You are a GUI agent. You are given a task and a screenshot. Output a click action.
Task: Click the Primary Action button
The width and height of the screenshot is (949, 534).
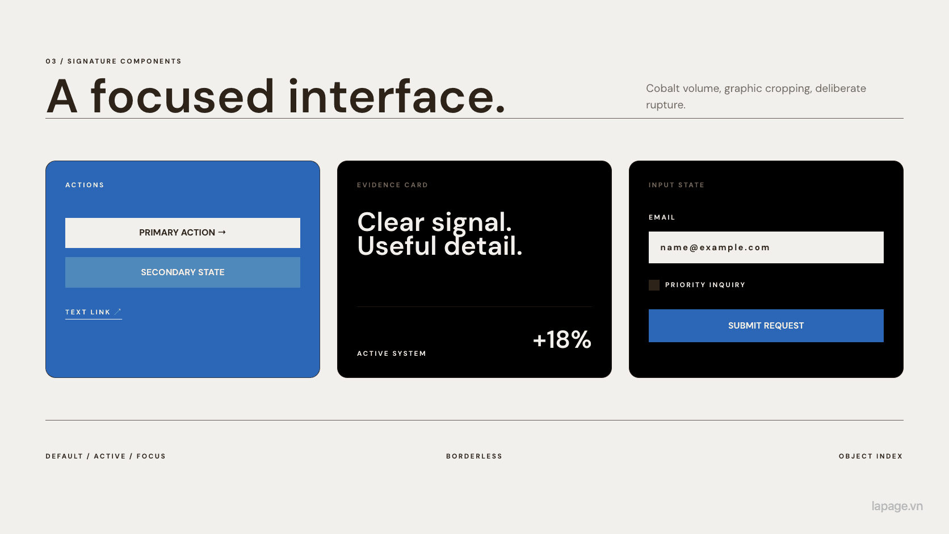pyautogui.click(x=183, y=233)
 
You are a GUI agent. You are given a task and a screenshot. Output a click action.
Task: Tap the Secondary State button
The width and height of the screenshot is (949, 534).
pyautogui.click(x=183, y=272)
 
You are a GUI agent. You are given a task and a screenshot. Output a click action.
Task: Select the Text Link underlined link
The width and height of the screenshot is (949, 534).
pyautogui.click(x=93, y=313)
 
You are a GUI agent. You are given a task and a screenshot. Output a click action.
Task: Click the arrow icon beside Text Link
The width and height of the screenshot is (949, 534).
pyautogui.click(x=117, y=312)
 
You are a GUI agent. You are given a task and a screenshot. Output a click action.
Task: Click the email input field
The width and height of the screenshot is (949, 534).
pyautogui.click(x=766, y=247)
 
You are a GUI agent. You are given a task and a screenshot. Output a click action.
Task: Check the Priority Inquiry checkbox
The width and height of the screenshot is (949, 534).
pyautogui.click(x=654, y=285)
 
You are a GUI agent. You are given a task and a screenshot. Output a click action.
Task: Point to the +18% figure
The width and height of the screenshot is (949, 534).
pyautogui.click(x=562, y=339)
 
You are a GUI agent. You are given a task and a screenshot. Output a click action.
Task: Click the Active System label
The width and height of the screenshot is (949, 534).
pyautogui.click(x=392, y=354)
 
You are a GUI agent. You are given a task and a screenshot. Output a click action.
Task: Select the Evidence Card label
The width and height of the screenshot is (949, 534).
pyautogui.click(x=392, y=185)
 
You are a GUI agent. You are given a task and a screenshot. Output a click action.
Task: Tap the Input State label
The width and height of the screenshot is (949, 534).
pyautogui.click(x=676, y=185)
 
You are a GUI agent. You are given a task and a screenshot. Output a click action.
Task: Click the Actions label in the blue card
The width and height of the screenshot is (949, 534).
pyautogui.click(x=85, y=185)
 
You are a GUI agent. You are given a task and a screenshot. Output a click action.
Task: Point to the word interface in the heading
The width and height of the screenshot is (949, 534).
pyautogui.click(x=397, y=96)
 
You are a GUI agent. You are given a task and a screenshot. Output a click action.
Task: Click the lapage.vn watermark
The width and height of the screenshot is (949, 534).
pyautogui.click(x=897, y=506)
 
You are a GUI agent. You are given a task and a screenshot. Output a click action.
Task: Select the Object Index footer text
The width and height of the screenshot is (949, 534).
pyautogui.click(x=871, y=456)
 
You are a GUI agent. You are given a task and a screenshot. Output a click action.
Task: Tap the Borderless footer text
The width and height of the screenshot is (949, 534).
pyautogui.click(x=474, y=456)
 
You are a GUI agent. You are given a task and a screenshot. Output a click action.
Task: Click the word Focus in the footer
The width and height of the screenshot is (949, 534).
pyautogui.click(x=151, y=456)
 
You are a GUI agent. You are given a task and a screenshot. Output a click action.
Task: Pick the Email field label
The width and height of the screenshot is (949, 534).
pyautogui.click(x=662, y=217)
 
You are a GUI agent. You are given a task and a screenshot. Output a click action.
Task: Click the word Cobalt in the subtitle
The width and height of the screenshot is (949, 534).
pyautogui.click(x=662, y=88)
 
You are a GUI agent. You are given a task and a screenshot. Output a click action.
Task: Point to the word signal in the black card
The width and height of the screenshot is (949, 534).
pyautogui.click(x=472, y=223)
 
